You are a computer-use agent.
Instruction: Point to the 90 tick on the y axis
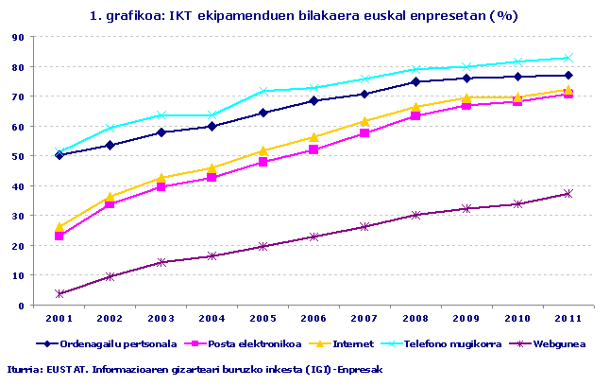18,37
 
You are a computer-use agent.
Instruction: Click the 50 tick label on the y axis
18,156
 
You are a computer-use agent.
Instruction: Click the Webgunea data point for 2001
59,294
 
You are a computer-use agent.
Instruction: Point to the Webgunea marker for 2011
568,194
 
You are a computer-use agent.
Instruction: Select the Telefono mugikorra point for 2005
263,91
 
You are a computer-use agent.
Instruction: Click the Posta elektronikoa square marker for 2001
59,236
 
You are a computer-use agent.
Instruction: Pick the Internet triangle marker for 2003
161,178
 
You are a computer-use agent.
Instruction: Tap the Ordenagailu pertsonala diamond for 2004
212,126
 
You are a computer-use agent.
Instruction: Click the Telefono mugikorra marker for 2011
568,58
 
